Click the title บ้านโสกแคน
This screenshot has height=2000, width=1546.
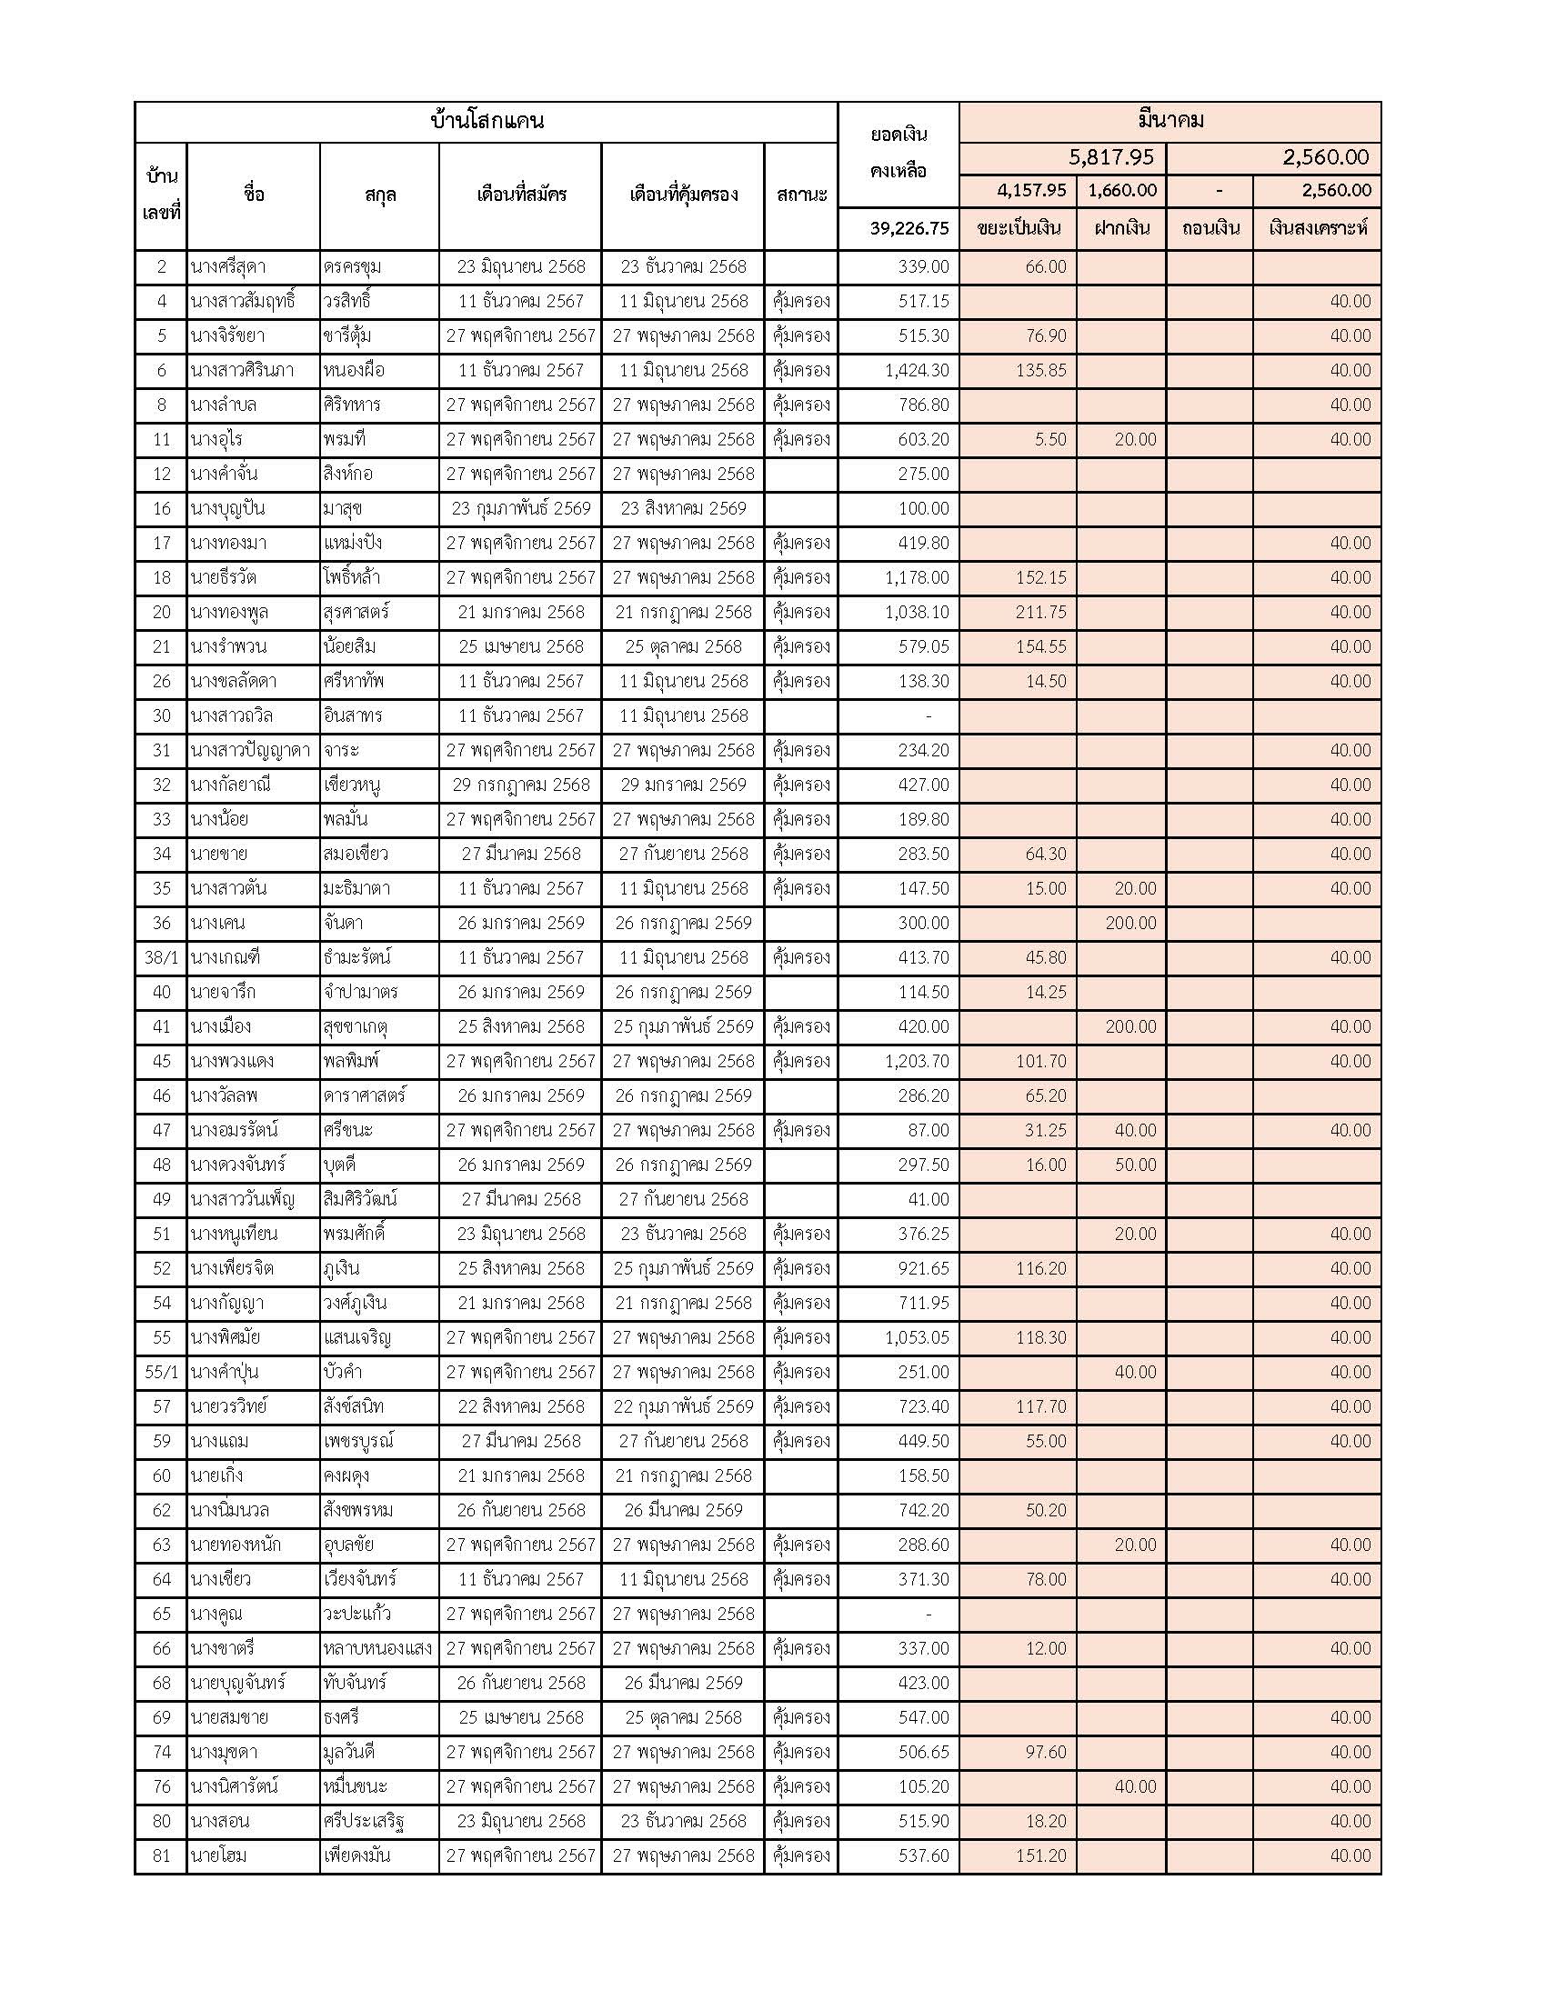(487, 121)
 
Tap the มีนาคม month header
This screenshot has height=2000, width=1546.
(1170, 120)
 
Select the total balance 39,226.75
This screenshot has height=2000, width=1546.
(909, 228)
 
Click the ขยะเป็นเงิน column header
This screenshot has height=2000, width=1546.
(1019, 228)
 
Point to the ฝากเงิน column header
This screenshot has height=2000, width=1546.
(1121, 228)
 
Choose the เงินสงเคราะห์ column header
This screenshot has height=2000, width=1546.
(1317, 228)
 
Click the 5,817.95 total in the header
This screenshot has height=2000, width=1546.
(1111, 157)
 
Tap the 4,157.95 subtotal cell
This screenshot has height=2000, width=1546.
(1031, 191)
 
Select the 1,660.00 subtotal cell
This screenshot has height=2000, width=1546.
(1122, 191)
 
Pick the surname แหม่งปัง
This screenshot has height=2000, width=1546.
(353, 543)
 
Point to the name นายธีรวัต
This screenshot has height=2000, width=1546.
(224, 578)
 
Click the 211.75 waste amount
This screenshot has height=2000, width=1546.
(1040, 612)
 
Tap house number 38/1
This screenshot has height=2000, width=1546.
(161, 957)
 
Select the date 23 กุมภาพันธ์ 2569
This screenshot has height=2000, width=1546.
(520, 508)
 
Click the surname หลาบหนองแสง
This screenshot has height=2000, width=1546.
(377, 1648)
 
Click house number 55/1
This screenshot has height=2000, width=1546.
(161, 1372)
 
